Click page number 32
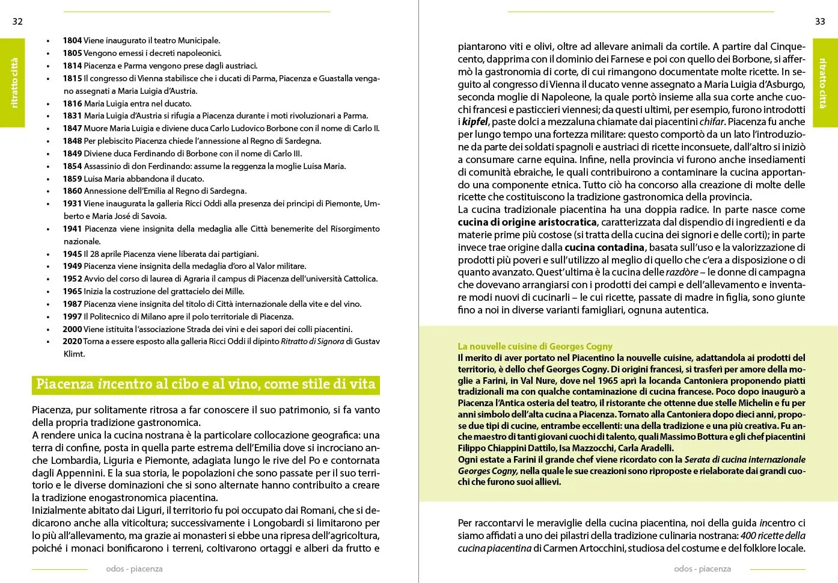pos(17,22)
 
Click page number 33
pos(820,22)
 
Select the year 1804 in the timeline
pos(72,41)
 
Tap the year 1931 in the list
pos(72,204)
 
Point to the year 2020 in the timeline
pos(72,342)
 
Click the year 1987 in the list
pos(72,304)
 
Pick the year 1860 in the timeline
pos(72,191)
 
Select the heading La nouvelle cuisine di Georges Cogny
pos(535,347)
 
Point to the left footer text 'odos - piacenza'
pos(134,569)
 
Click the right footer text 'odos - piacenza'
pos(703,569)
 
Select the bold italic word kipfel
pos(475,122)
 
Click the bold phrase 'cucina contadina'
pos(604,248)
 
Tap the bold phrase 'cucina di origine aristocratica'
pos(527,223)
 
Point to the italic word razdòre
pos(682,273)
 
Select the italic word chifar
pos(711,122)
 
